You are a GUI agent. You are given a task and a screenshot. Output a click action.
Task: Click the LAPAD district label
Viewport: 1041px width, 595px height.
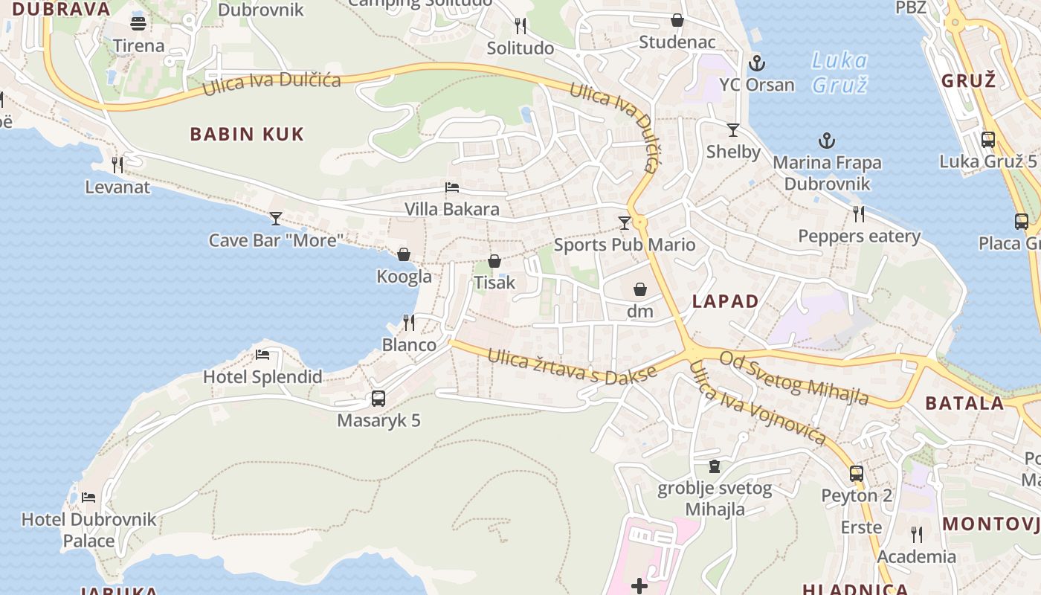pos(725,301)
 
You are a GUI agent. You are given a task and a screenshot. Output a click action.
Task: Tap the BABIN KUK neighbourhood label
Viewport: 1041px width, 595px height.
pos(247,135)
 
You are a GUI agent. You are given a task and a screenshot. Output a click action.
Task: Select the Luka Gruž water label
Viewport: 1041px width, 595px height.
pos(839,72)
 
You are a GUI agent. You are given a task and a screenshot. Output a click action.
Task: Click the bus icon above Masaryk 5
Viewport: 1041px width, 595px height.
pos(378,399)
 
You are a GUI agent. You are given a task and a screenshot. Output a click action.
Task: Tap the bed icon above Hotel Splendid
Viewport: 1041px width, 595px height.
pos(262,355)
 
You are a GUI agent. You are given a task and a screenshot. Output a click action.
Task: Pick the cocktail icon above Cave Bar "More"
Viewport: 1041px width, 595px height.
pos(276,218)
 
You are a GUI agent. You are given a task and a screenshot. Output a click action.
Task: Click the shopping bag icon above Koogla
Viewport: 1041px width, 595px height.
pos(404,254)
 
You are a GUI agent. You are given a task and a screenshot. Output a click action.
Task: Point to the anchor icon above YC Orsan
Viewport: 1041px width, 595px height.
pos(757,62)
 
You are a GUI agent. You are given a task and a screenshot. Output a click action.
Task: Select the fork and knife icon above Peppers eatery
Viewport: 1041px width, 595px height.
pos(859,214)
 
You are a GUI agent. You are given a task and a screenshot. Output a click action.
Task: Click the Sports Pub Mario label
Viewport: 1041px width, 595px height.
pos(625,245)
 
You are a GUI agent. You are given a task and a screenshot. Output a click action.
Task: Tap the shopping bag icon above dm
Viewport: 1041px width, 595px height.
pos(639,289)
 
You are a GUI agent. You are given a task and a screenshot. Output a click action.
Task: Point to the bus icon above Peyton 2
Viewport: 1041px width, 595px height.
pos(857,473)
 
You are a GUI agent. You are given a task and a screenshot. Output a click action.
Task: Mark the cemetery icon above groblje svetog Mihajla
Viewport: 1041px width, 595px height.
pos(715,466)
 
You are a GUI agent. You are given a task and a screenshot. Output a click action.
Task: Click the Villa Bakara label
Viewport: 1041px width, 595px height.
pos(452,209)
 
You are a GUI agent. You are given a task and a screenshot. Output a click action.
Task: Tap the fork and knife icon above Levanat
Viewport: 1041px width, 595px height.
pos(117,164)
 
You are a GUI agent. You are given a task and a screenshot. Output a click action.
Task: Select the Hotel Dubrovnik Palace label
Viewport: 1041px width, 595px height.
pos(88,530)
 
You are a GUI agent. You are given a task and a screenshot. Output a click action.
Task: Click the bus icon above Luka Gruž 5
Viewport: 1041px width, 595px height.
pos(988,139)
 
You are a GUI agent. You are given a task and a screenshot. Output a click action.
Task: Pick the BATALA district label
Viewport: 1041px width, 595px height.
pos(964,403)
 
